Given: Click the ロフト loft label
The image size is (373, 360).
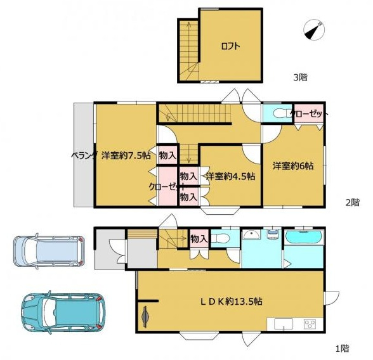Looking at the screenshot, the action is (230, 46).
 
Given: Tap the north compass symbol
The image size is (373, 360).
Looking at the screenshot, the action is (314, 30).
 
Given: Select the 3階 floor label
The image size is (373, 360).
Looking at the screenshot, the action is (300, 77).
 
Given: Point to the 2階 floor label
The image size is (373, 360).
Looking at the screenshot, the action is (353, 202).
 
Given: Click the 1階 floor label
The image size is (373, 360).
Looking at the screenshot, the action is (343, 349).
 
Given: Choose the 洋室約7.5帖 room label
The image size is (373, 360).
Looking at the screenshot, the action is (126, 156).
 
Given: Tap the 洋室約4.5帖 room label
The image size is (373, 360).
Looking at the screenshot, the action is (230, 176).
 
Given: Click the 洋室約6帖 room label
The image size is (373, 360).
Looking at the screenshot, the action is (293, 165).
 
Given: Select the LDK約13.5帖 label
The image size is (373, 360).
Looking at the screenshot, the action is (231, 302).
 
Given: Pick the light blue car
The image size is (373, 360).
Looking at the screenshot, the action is (49, 251).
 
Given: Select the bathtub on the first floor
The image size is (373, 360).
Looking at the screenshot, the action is (304, 237).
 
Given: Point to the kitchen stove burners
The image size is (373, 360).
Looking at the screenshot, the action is (310, 324).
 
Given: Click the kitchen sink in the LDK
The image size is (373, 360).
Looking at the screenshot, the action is (284, 324).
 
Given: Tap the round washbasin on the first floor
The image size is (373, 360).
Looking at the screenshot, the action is (251, 235).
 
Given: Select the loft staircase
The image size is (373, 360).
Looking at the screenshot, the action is (189, 50).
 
